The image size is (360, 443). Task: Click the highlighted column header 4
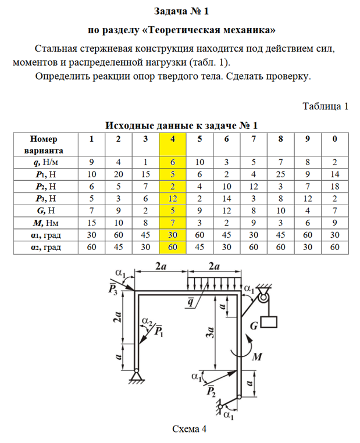[x=172, y=139]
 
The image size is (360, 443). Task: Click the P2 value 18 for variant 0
[x=334, y=187]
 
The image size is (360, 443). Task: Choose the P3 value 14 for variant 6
[x=226, y=199]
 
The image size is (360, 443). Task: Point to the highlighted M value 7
[x=172, y=223]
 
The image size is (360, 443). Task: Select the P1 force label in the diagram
[x=158, y=332]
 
